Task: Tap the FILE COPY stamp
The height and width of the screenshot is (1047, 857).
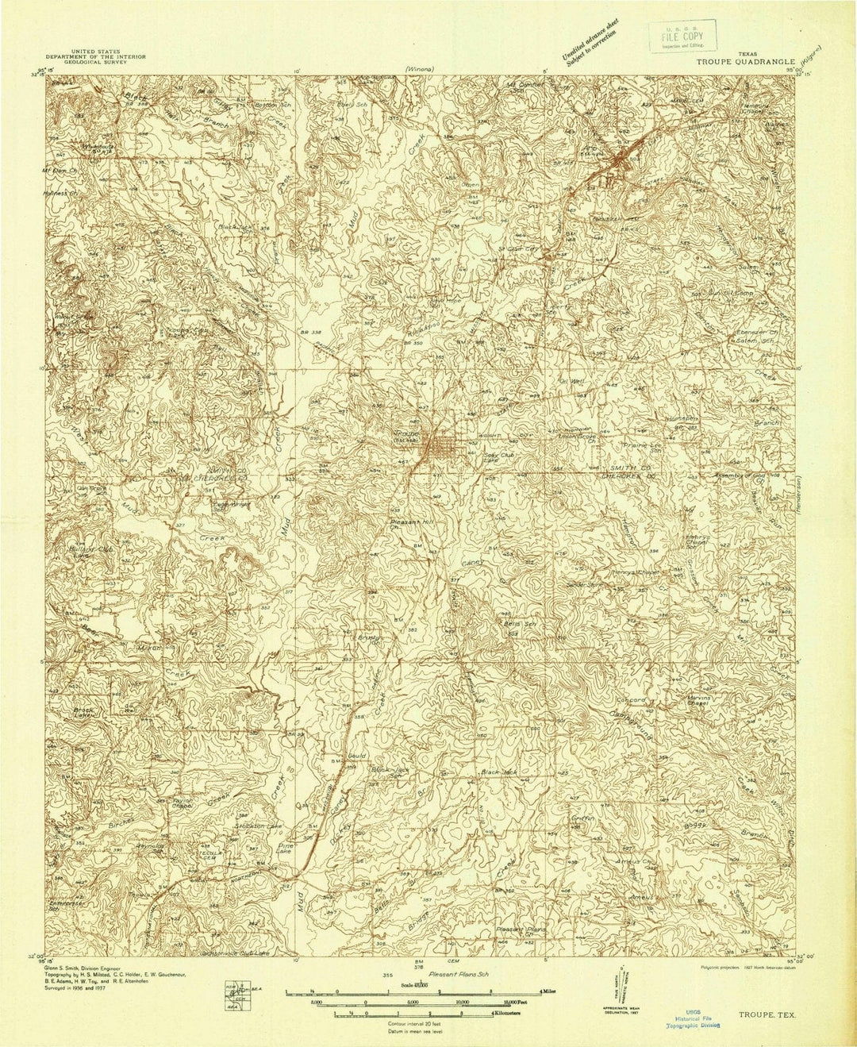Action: pos(685,36)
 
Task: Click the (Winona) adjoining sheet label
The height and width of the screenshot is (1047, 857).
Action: pos(418,69)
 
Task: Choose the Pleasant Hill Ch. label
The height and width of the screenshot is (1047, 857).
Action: pos(410,525)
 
